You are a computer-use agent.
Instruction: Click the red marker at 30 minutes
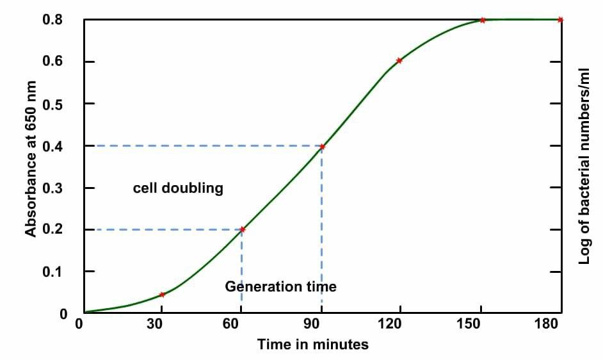162,295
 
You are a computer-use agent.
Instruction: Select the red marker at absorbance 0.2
242,229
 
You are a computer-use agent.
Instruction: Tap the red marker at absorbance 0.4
322,147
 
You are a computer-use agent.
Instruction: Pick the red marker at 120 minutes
399,61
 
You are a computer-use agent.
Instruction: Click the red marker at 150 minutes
483,20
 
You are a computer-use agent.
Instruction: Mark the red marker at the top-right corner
560,20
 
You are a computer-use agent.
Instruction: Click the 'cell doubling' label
178,188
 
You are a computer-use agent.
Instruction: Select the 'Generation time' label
280,286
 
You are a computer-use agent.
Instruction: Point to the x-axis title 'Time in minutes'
313,345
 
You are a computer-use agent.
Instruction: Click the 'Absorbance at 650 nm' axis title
31,159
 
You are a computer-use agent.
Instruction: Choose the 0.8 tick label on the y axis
52,20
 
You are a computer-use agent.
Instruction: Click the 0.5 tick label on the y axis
52,104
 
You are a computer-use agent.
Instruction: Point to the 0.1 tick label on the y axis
52,272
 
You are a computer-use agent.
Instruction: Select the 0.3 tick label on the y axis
52,188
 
